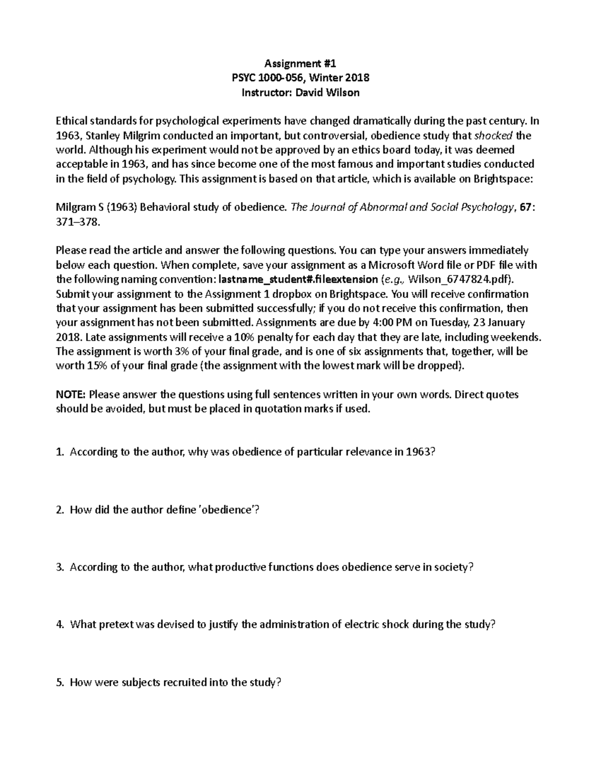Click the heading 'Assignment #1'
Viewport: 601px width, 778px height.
click(x=300, y=63)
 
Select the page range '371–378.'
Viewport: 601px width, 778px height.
click(x=78, y=222)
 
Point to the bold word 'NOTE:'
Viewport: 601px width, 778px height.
click(x=71, y=394)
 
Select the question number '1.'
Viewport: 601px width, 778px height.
click(x=60, y=452)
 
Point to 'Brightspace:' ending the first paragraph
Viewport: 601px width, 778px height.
click(x=504, y=179)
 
